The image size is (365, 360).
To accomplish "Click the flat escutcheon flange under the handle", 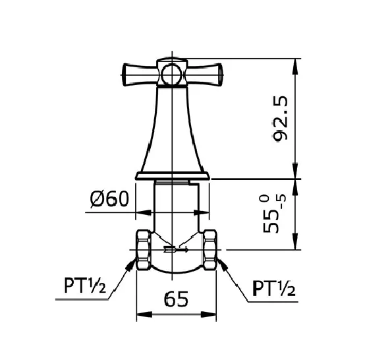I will tap(173, 175).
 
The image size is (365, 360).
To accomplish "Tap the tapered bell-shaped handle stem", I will tap(173, 132).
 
